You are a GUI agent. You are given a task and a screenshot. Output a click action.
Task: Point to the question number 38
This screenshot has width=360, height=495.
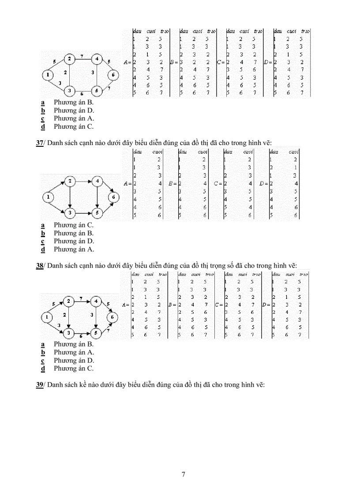click(x=39, y=266)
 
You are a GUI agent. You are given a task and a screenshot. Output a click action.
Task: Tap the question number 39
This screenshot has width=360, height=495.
click(x=39, y=385)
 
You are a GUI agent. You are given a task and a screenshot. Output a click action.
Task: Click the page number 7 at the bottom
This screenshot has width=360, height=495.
click(x=184, y=474)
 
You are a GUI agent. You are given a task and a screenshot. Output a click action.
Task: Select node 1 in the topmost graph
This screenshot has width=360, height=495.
click(x=47, y=75)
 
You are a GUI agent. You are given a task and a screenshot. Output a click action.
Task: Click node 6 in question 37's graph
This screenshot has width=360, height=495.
click(x=113, y=197)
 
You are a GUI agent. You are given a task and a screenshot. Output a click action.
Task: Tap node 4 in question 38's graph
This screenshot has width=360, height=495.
click(x=96, y=301)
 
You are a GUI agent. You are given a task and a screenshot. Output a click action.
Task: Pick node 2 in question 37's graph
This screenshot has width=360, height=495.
click(x=70, y=181)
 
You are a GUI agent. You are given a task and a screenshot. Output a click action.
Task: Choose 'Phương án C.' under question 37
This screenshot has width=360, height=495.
click(x=74, y=225)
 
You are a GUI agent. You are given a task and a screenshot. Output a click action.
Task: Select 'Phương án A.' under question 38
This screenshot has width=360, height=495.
click(x=74, y=352)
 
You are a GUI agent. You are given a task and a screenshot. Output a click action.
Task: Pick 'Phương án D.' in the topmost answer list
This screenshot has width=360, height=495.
click(x=74, y=110)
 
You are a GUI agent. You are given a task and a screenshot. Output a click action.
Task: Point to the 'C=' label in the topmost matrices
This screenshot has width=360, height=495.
click(x=221, y=62)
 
